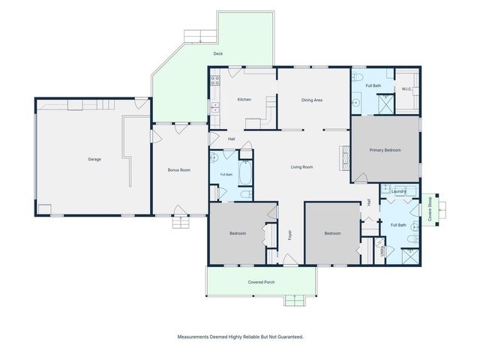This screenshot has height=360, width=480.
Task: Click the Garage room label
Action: [94, 159]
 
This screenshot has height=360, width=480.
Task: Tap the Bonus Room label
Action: [179, 170]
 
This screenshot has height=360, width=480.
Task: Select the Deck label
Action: [218, 54]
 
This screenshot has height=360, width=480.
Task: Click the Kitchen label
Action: [244, 100]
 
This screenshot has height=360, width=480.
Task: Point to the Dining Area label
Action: [312, 100]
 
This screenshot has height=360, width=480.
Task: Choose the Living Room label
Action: [301, 167]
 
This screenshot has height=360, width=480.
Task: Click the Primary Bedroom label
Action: [385, 150]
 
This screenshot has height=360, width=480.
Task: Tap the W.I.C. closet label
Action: [406, 89]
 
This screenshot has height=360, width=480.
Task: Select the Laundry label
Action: [398, 191]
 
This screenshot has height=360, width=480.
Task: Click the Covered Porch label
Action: [262, 282]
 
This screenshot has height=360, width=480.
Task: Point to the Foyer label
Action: [290, 235]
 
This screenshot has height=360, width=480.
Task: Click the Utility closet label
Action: [382, 252]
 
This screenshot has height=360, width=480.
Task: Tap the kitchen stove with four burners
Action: [215, 80]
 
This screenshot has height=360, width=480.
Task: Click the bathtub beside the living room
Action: [245, 173]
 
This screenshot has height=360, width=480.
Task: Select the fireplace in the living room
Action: [344, 157]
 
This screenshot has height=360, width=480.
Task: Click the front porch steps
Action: [295, 300]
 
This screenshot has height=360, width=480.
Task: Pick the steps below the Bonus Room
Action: [181, 222]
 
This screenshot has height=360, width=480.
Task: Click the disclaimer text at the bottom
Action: [241, 337]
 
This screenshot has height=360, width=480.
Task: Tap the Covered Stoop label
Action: [430, 209]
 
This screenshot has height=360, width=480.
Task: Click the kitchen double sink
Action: [215, 108]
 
